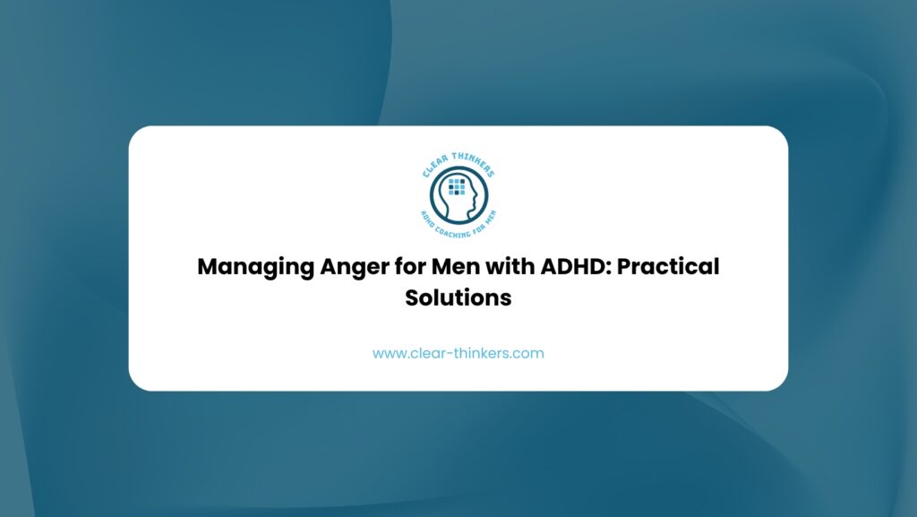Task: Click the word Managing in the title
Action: coord(255,267)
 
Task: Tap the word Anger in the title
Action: coord(354,267)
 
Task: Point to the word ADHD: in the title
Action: coord(576,266)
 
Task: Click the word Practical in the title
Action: coord(668,266)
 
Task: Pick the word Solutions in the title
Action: coord(458,297)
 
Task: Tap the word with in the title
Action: coord(510,266)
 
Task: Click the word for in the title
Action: coord(409,266)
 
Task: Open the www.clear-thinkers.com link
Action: coord(458,353)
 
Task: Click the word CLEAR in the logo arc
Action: coord(435,167)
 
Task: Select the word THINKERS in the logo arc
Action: coord(474,163)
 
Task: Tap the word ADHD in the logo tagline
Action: coord(427,220)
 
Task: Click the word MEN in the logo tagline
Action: coord(490,217)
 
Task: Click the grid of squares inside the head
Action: coord(457,186)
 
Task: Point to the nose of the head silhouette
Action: coord(476,194)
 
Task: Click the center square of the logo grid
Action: coord(457,186)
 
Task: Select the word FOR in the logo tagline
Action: coord(477,226)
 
